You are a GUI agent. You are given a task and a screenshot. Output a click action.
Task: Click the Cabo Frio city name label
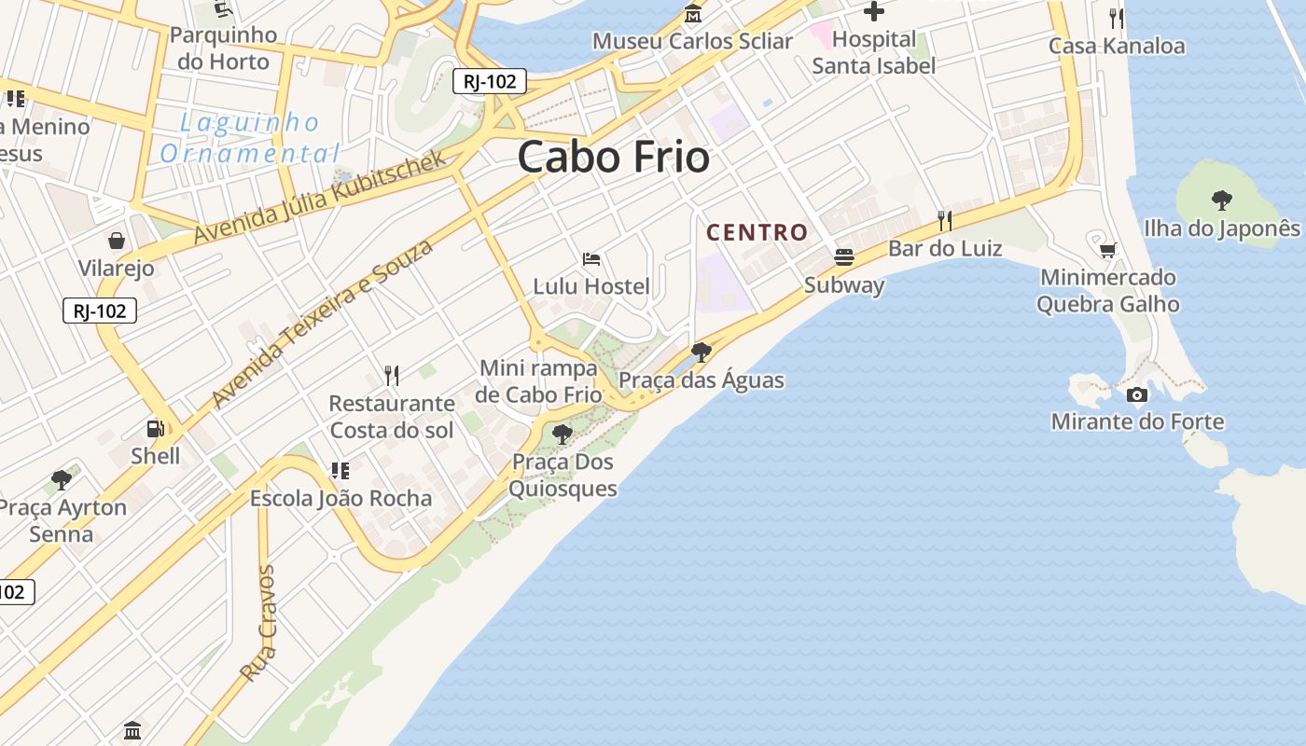point(613,157)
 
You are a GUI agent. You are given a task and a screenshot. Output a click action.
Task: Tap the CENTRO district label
point(757,232)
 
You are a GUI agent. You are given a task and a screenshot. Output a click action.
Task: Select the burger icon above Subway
point(844,257)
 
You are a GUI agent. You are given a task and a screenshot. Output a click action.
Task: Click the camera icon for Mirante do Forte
point(1136,394)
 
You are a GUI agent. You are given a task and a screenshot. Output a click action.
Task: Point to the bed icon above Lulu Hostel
point(590,258)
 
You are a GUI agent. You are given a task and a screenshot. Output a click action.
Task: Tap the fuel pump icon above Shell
point(156,429)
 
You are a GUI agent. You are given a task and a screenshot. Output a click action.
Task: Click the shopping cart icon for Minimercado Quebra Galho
point(1107,250)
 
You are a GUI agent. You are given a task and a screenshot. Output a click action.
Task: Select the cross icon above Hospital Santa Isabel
point(873,11)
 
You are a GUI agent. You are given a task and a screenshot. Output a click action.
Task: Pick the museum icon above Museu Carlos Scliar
point(693,14)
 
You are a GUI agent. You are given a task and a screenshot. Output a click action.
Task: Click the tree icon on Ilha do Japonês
point(1221,199)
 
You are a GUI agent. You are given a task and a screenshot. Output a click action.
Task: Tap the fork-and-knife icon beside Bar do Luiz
point(945,220)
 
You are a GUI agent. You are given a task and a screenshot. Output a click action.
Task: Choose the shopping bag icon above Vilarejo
point(117,241)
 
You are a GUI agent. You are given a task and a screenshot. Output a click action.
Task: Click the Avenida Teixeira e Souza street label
point(323,324)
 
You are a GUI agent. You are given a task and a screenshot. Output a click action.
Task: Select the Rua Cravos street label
point(259,623)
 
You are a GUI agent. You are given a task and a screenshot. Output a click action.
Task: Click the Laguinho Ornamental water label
point(249,138)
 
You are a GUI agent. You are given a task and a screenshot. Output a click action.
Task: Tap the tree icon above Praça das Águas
point(702,352)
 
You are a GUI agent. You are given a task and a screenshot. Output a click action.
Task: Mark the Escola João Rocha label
point(340,498)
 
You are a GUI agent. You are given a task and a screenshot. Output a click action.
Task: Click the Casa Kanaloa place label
point(1117,46)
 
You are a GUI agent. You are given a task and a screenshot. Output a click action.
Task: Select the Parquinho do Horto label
point(223,48)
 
